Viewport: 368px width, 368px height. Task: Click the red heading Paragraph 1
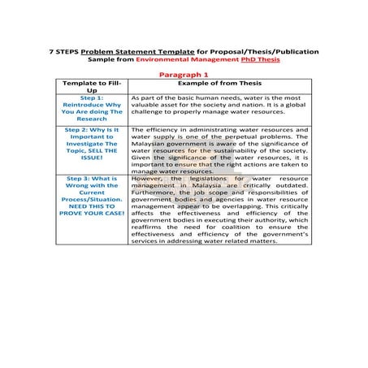(x=184, y=72)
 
